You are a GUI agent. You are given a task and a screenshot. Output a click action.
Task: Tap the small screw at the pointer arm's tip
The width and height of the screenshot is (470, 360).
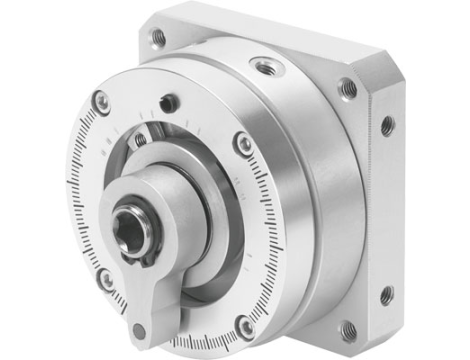[x=139, y=330]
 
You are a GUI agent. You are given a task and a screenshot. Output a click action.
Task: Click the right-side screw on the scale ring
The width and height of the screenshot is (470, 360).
[x=243, y=146]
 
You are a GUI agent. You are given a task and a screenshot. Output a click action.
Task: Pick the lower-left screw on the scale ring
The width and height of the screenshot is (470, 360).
[x=106, y=279]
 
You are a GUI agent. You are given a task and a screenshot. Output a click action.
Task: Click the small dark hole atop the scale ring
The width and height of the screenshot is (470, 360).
[x=171, y=101]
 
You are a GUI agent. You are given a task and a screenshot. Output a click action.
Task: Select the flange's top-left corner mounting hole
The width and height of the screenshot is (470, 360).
[x=158, y=36]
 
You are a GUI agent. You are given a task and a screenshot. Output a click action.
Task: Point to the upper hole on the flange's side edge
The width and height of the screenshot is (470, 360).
[x=386, y=126]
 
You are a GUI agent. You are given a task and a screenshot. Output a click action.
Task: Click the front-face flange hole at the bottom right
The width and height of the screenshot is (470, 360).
[x=348, y=327]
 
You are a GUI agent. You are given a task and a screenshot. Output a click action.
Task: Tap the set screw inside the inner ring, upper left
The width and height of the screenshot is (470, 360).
[x=141, y=139]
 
